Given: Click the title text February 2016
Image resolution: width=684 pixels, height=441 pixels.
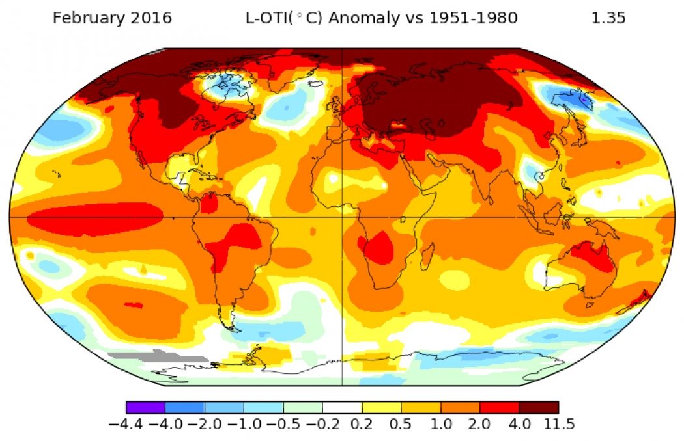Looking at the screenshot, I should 112,18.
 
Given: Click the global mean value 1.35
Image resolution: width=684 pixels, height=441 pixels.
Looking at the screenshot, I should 608,18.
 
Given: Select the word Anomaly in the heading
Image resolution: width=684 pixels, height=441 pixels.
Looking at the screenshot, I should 360,18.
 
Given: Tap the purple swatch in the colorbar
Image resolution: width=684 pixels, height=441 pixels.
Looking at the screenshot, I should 145,408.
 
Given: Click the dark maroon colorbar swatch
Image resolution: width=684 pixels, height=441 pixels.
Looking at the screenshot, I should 539,408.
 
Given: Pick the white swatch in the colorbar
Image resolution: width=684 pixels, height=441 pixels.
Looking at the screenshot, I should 342,408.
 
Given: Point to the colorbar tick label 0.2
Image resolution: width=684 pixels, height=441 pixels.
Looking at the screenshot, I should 362,425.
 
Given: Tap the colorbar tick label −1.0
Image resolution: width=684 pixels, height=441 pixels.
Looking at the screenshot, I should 244,425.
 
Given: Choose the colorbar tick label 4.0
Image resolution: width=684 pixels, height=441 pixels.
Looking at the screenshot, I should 519,425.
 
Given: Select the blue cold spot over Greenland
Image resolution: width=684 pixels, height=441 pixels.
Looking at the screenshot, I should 228,84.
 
